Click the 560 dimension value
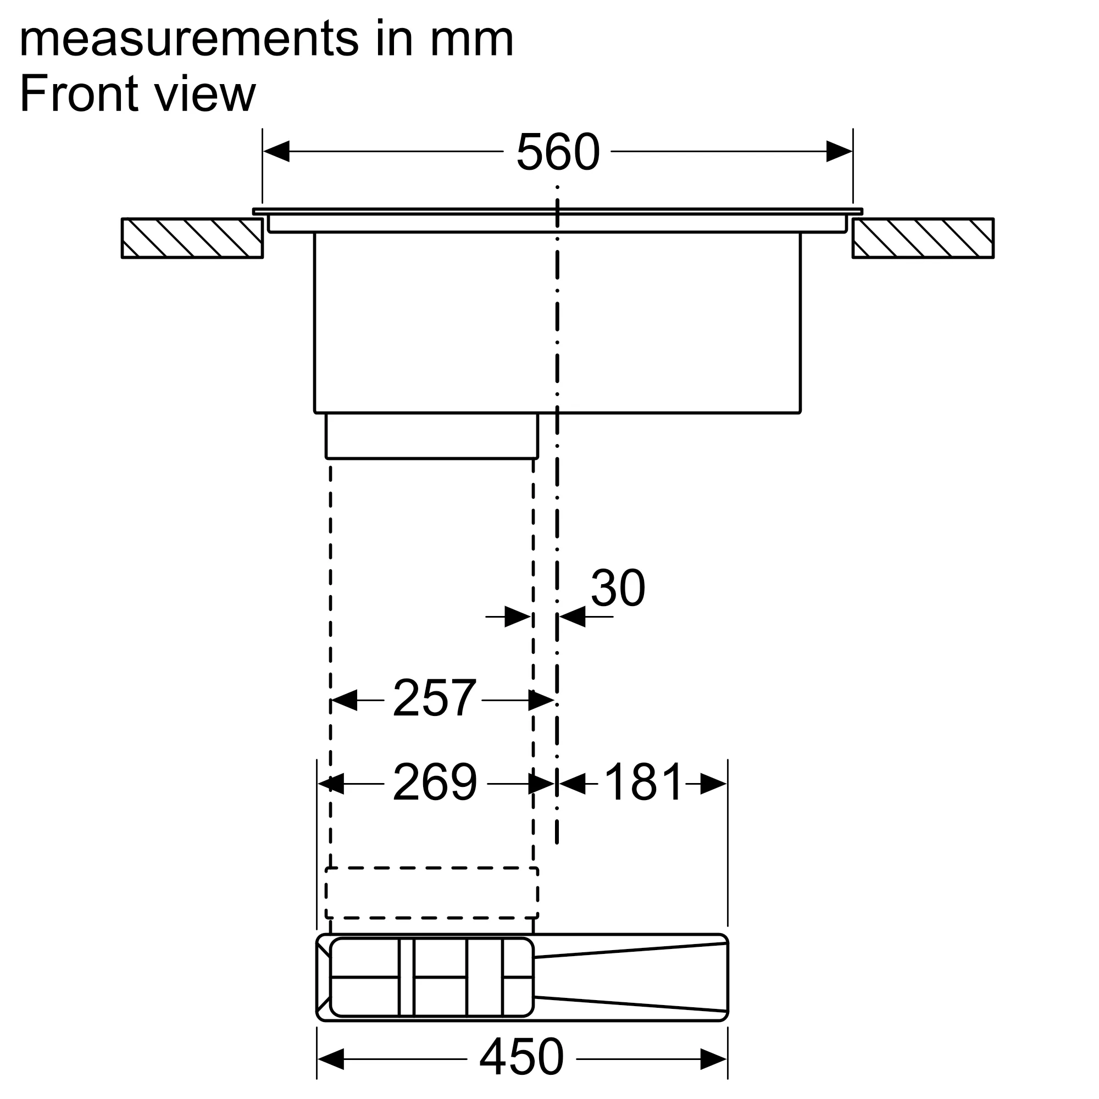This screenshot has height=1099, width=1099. point(557,152)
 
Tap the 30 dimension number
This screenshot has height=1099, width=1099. point(618,588)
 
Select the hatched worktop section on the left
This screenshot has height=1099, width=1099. point(192,238)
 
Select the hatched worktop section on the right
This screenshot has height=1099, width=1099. point(923,238)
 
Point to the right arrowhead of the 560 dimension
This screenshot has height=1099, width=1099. point(839,151)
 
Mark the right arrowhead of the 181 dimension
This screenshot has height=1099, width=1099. point(713,784)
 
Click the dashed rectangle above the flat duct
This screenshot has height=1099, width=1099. point(431,892)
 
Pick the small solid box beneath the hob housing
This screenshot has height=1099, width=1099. point(431,436)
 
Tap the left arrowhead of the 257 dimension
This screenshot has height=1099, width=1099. point(344,700)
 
